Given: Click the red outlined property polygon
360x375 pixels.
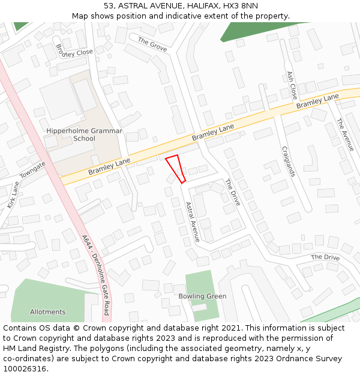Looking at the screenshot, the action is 175,167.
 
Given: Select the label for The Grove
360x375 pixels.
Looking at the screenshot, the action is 152,44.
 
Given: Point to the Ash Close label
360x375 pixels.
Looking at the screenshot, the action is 292,85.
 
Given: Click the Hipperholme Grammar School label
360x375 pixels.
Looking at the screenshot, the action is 84,134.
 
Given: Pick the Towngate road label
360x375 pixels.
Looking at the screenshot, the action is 33,172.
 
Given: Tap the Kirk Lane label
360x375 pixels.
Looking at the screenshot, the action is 13,196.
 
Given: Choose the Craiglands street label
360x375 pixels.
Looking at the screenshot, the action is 287,161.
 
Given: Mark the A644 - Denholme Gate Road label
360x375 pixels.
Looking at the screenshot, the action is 96,274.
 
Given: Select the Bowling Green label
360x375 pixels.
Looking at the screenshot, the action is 202,296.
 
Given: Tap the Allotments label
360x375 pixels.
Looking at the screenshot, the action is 47,312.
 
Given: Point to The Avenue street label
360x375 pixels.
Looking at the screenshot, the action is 345,134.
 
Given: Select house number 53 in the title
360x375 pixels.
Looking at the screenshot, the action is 108,6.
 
